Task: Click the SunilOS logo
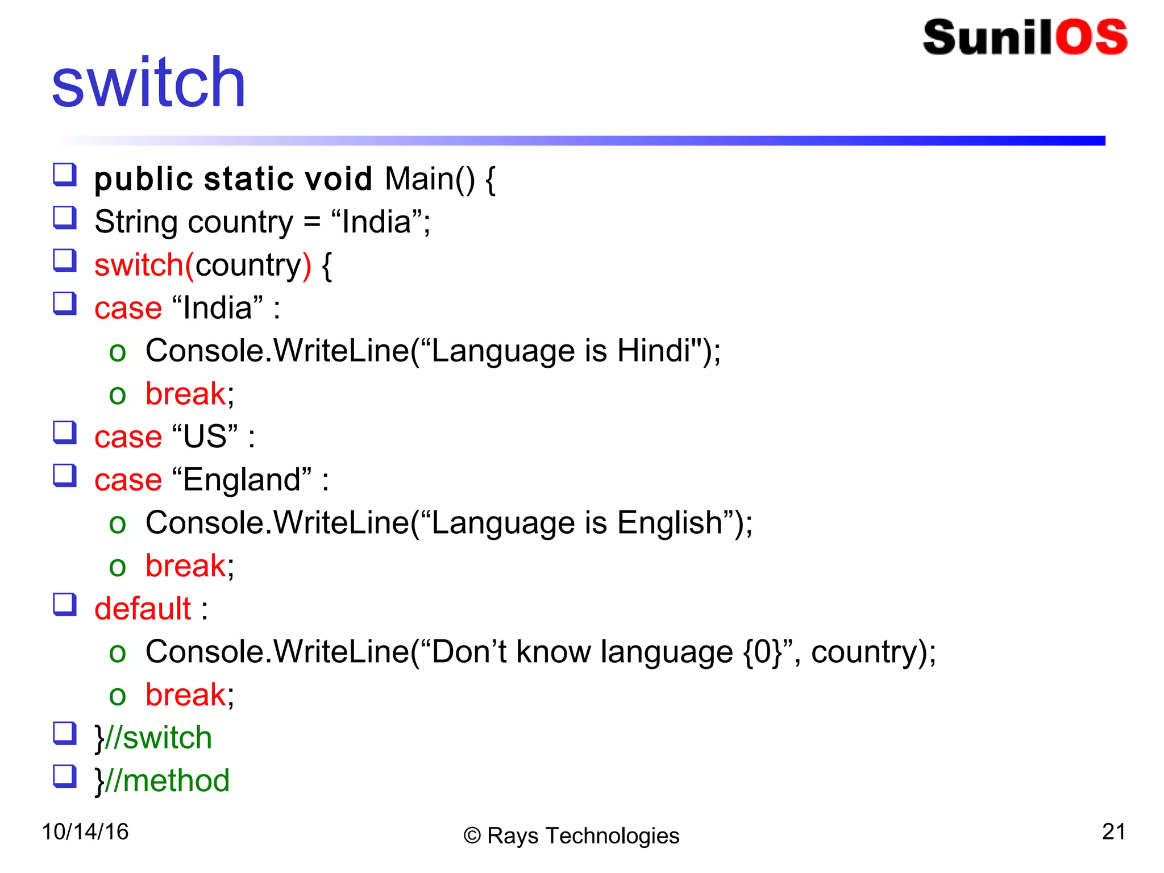1025,38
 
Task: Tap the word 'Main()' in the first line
430,179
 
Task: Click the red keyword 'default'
143,609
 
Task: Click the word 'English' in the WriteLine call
670,523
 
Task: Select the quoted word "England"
242,480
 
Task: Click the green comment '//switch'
159,738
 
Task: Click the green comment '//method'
168,781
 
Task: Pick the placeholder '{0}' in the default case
763,652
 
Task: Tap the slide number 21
1113,832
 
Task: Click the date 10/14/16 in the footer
85,832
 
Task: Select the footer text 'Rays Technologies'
583,836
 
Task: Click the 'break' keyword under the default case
185,695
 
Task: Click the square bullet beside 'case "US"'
65,432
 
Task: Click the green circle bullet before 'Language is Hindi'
117,352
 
